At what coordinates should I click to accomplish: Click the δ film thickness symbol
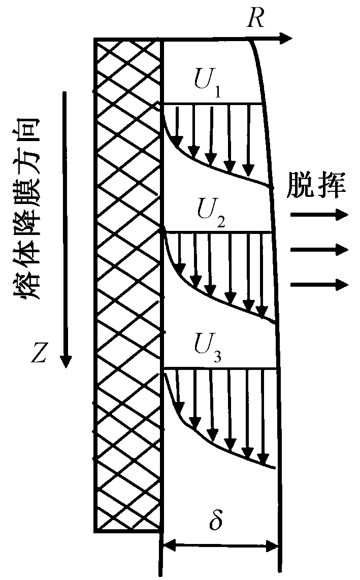click(216, 521)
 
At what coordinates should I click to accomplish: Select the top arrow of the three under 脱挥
click(319, 215)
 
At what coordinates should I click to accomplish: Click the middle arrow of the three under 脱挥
click(319, 249)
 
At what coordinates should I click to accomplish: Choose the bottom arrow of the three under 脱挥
click(319, 284)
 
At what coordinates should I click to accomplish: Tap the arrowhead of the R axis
click(287, 39)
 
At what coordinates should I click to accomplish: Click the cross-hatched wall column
click(128, 284)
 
